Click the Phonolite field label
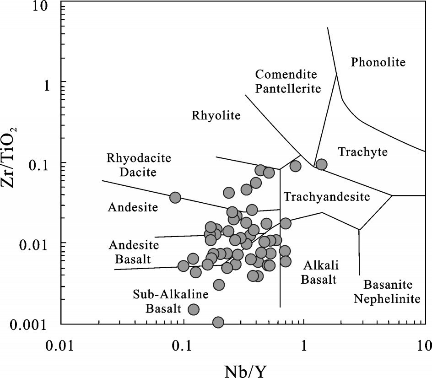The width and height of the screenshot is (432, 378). [x=378, y=62]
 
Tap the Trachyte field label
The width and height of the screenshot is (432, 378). [x=363, y=152]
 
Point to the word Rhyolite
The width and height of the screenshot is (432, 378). [x=216, y=115]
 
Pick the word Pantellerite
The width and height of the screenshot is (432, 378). [x=288, y=88]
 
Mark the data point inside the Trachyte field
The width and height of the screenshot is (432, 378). [x=321, y=164]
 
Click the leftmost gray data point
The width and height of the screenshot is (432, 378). [x=175, y=198]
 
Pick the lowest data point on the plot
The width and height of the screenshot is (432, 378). [x=218, y=322]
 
